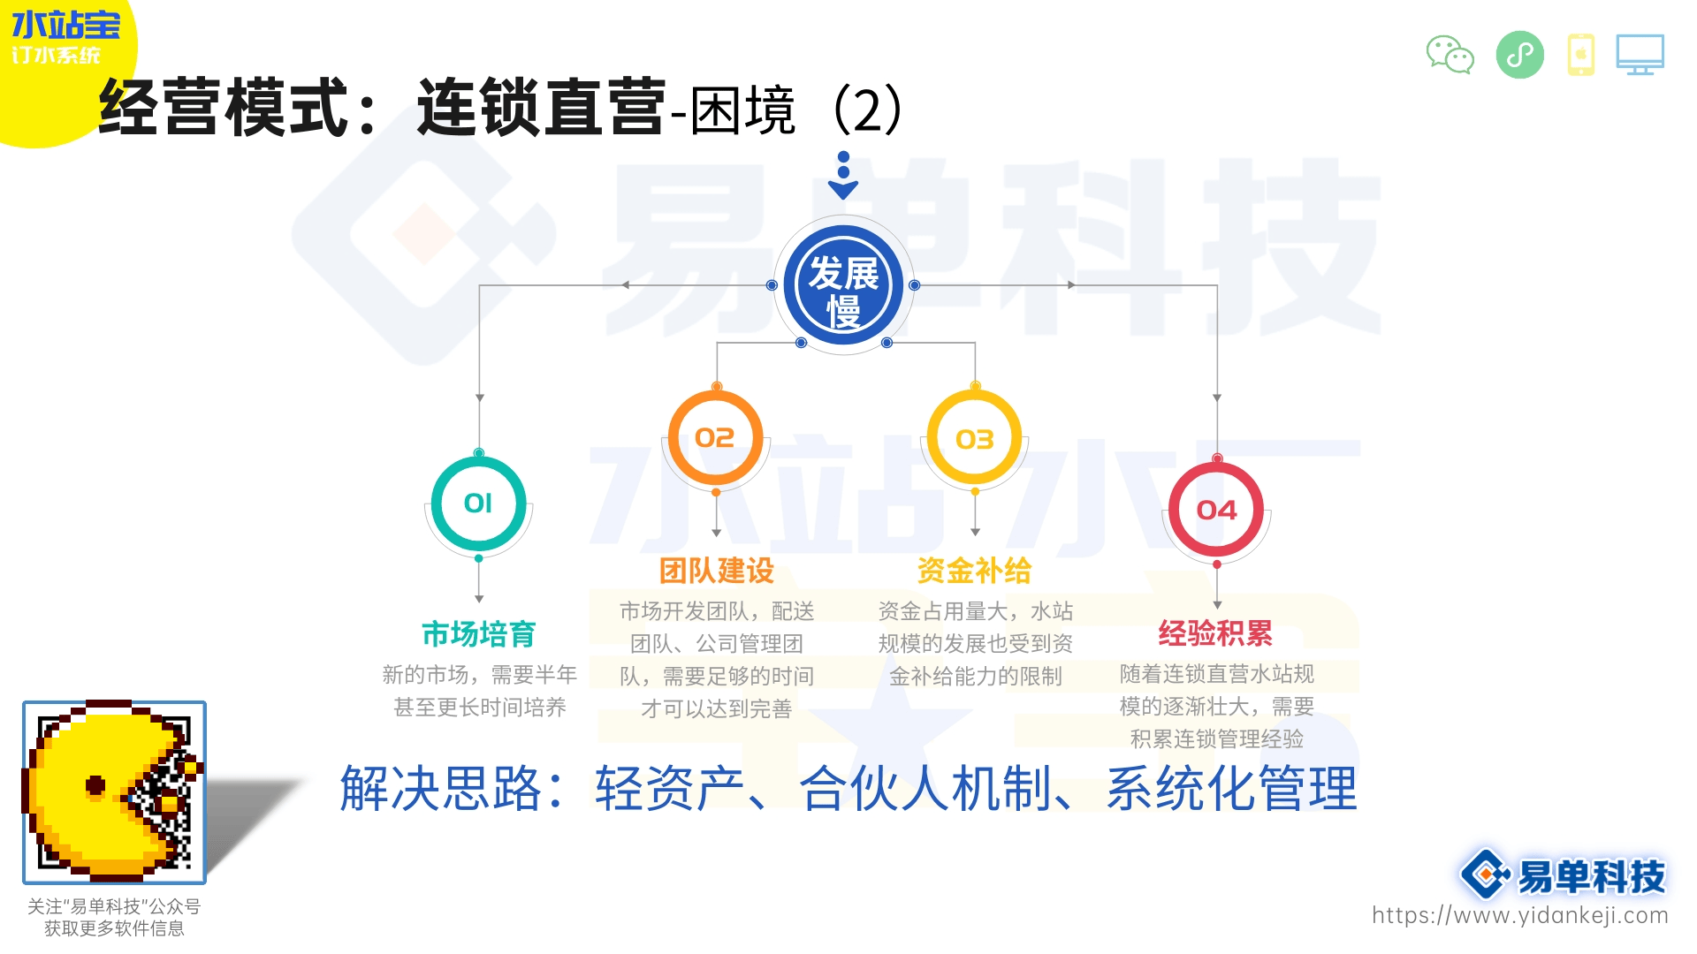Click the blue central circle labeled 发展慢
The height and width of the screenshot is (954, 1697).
843,285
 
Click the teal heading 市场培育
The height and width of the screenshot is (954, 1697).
478,634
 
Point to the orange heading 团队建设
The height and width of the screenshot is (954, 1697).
716,571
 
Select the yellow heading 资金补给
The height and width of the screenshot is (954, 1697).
974,571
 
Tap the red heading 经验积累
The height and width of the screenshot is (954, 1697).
1215,633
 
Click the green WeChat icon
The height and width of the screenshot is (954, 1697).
1450,55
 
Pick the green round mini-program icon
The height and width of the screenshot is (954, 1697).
1519,55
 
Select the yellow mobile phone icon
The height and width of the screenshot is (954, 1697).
1581,55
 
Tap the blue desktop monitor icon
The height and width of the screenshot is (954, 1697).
1640,55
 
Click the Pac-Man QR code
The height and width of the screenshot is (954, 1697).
114,792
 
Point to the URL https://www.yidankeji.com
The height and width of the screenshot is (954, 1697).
1519,915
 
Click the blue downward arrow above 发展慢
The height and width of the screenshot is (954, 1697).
843,176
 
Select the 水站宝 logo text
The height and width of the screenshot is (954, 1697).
65,25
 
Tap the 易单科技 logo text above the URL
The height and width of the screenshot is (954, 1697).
1591,876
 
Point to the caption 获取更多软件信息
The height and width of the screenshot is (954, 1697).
114,928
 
